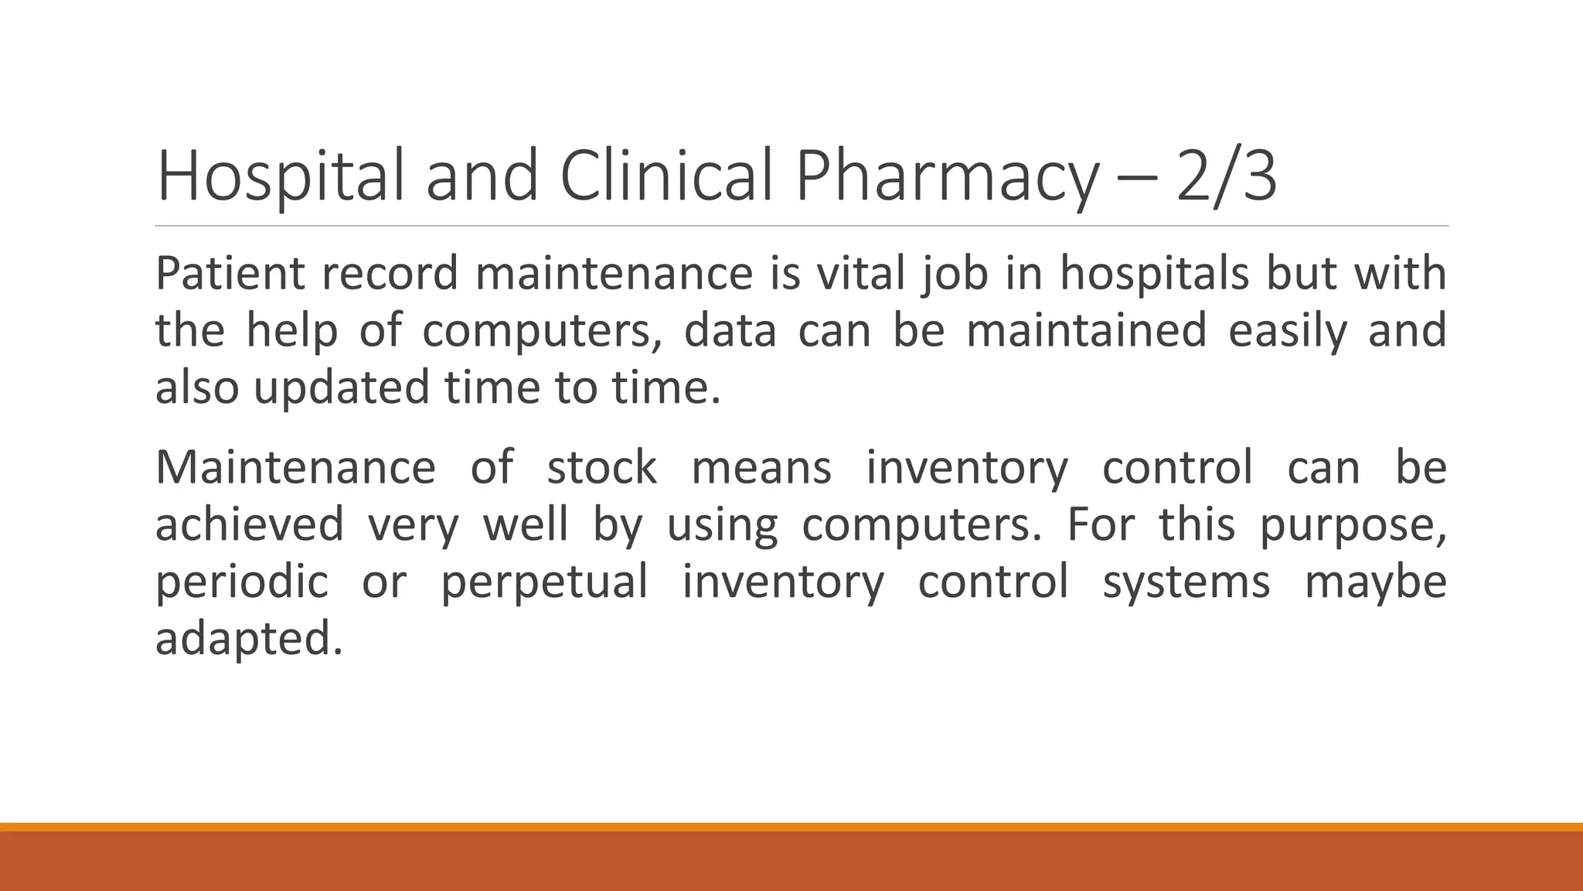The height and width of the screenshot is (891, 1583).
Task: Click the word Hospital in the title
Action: click(280, 177)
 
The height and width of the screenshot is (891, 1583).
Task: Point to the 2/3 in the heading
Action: click(1226, 177)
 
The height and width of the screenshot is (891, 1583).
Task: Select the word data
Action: click(730, 330)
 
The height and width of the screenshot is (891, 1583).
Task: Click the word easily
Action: click(1287, 330)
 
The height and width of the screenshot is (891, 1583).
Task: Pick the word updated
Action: click(341, 387)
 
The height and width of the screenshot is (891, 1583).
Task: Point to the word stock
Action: click(602, 468)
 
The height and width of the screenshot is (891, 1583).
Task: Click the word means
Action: click(761, 468)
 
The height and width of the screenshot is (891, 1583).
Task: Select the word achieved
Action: click(250, 524)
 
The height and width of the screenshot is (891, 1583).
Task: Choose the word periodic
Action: click(242, 582)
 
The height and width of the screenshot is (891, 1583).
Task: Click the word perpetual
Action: click(544, 582)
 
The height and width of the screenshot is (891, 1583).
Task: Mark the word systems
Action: click(1186, 582)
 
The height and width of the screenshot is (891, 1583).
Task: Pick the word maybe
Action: click(1376, 582)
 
